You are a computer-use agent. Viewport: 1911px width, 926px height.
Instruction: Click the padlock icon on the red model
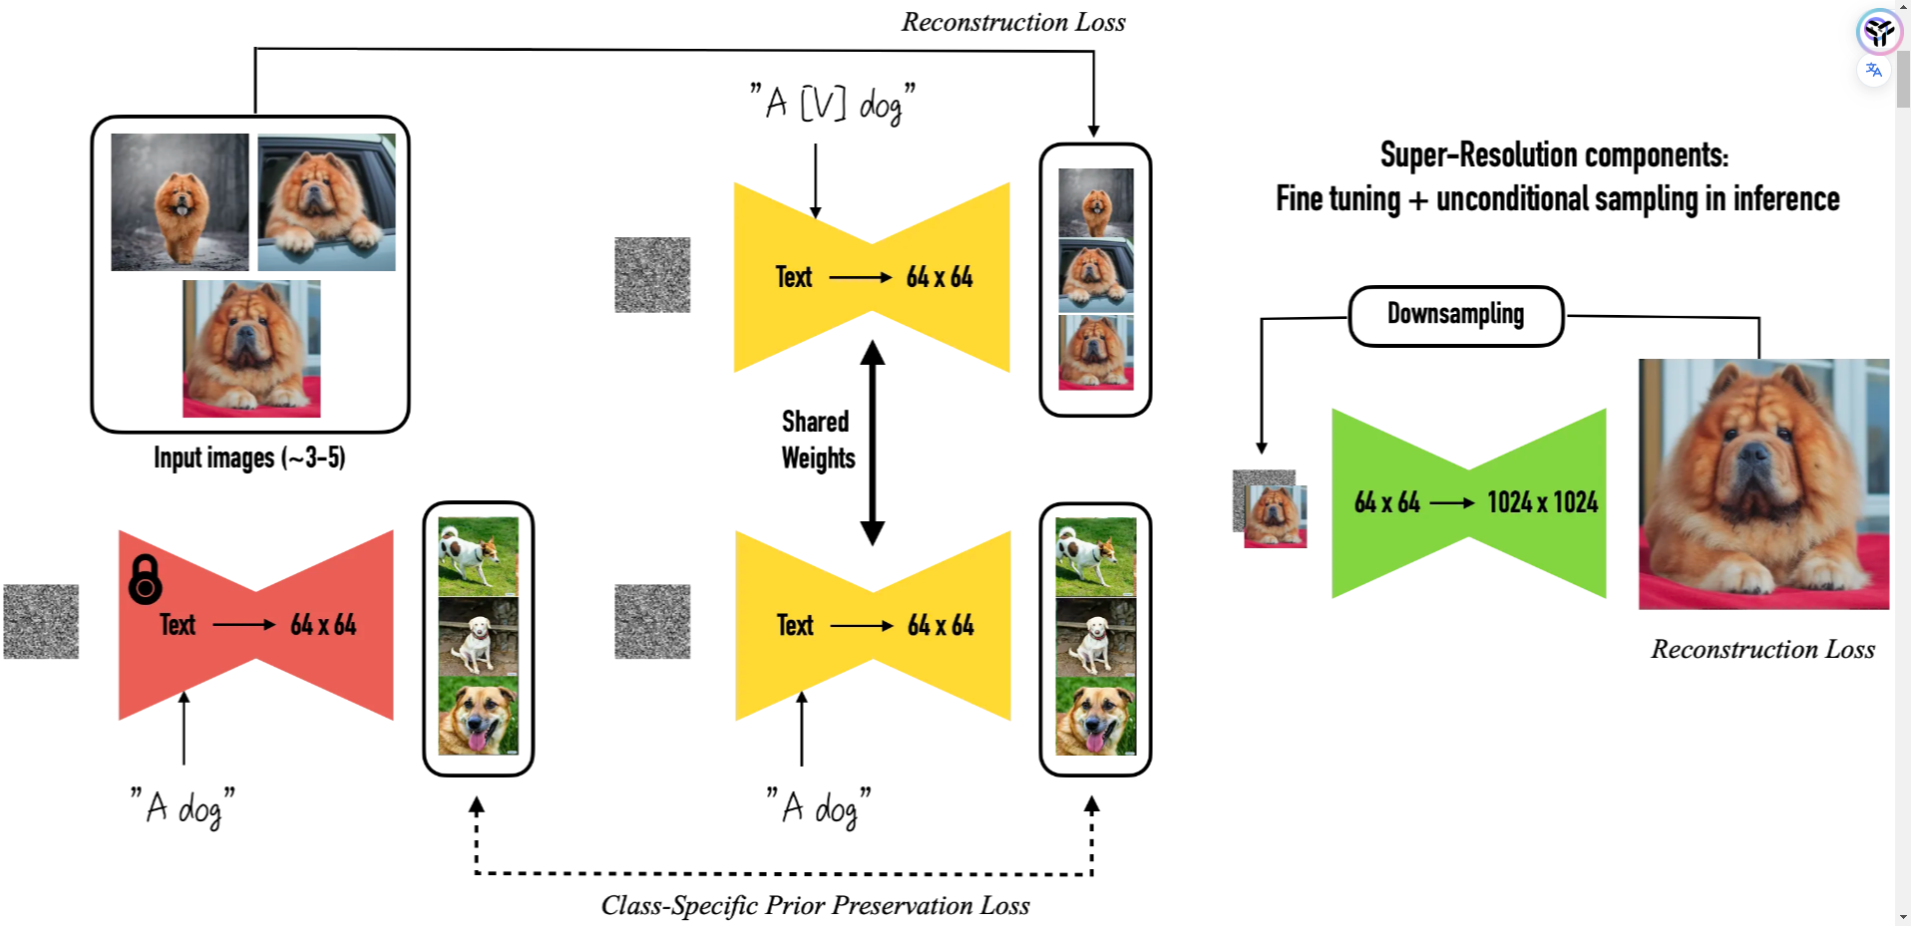(x=146, y=580)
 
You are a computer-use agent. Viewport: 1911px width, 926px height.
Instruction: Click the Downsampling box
(x=1455, y=316)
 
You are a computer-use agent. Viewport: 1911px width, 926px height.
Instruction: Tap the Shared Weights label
(x=817, y=440)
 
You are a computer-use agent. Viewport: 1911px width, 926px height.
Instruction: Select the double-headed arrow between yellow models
(x=873, y=443)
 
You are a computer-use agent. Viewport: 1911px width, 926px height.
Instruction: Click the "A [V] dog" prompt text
(x=833, y=104)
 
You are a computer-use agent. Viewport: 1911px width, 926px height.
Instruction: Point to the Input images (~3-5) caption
(x=249, y=458)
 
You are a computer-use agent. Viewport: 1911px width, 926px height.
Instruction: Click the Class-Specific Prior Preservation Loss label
(x=815, y=905)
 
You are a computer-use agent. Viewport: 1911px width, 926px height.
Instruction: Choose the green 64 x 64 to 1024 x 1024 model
(x=1469, y=503)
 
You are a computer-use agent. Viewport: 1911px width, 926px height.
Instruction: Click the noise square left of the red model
(x=41, y=622)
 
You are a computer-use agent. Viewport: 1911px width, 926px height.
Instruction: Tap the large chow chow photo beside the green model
(x=1763, y=484)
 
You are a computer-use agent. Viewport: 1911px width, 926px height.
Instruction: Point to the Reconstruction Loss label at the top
(x=1013, y=22)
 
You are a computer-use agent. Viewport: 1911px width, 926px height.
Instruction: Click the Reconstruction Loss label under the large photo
(x=1762, y=649)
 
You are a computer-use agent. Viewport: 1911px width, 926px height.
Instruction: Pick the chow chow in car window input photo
(x=326, y=202)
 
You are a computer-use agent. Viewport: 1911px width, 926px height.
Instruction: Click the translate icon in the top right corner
(x=1874, y=70)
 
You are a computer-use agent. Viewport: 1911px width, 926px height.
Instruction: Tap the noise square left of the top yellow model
(x=652, y=275)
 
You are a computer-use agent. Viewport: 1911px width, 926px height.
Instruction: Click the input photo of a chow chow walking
(x=180, y=202)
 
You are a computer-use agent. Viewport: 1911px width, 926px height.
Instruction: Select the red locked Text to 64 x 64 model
(x=256, y=625)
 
